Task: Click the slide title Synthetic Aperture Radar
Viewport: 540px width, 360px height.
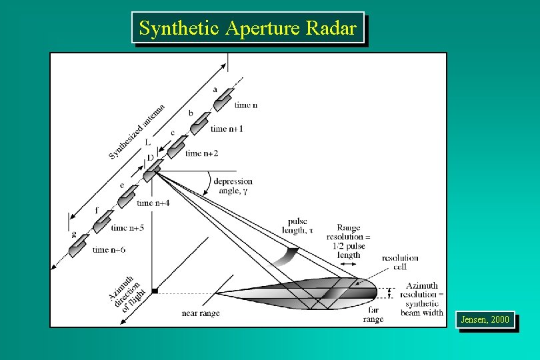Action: pyautogui.click(x=248, y=28)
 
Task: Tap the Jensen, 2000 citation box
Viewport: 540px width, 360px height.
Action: pyautogui.click(x=485, y=320)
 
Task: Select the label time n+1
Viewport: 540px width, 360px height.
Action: pyautogui.click(x=227, y=129)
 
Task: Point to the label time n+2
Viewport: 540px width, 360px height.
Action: pyautogui.click(x=201, y=153)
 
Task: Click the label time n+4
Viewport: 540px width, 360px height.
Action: pyautogui.click(x=153, y=203)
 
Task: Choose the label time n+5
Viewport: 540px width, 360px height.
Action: pyautogui.click(x=128, y=227)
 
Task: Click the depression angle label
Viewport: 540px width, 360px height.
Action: pyautogui.click(x=233, y=186)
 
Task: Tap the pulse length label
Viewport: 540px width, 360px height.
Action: pyautogui.click(x=297, y=226)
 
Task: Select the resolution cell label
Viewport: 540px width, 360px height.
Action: pyautogui.click(x=400, y=262)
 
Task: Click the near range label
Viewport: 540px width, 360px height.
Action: pyautogui.click(x=201, y=313)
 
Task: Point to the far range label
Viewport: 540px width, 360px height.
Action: pyautogui.click(x=373, y=315)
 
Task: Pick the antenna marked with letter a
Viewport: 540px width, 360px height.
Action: pyautogui.click(x=223, y=97)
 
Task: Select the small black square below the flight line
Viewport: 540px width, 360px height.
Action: pyautogui.click(x=154, y=290)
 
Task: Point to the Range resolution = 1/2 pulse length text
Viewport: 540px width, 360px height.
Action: pyautogui.click(x=348, y=241)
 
